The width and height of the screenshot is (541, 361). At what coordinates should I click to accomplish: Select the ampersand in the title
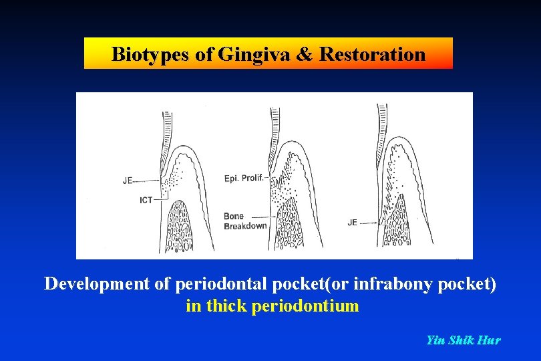click(304, 54)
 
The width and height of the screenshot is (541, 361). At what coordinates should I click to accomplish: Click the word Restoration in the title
click(372, 54)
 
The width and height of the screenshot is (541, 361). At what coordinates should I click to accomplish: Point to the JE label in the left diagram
click(129, 180)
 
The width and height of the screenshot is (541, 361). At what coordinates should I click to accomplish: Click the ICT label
click(146, 200)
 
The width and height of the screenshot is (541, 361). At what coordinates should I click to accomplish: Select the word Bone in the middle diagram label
click(234, 216)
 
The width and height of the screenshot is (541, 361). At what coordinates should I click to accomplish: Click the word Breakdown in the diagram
click(245, 226)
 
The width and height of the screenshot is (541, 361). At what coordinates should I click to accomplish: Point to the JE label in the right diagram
click(352, 223)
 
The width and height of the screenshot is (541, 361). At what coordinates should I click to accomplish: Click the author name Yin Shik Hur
click(463, 340)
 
